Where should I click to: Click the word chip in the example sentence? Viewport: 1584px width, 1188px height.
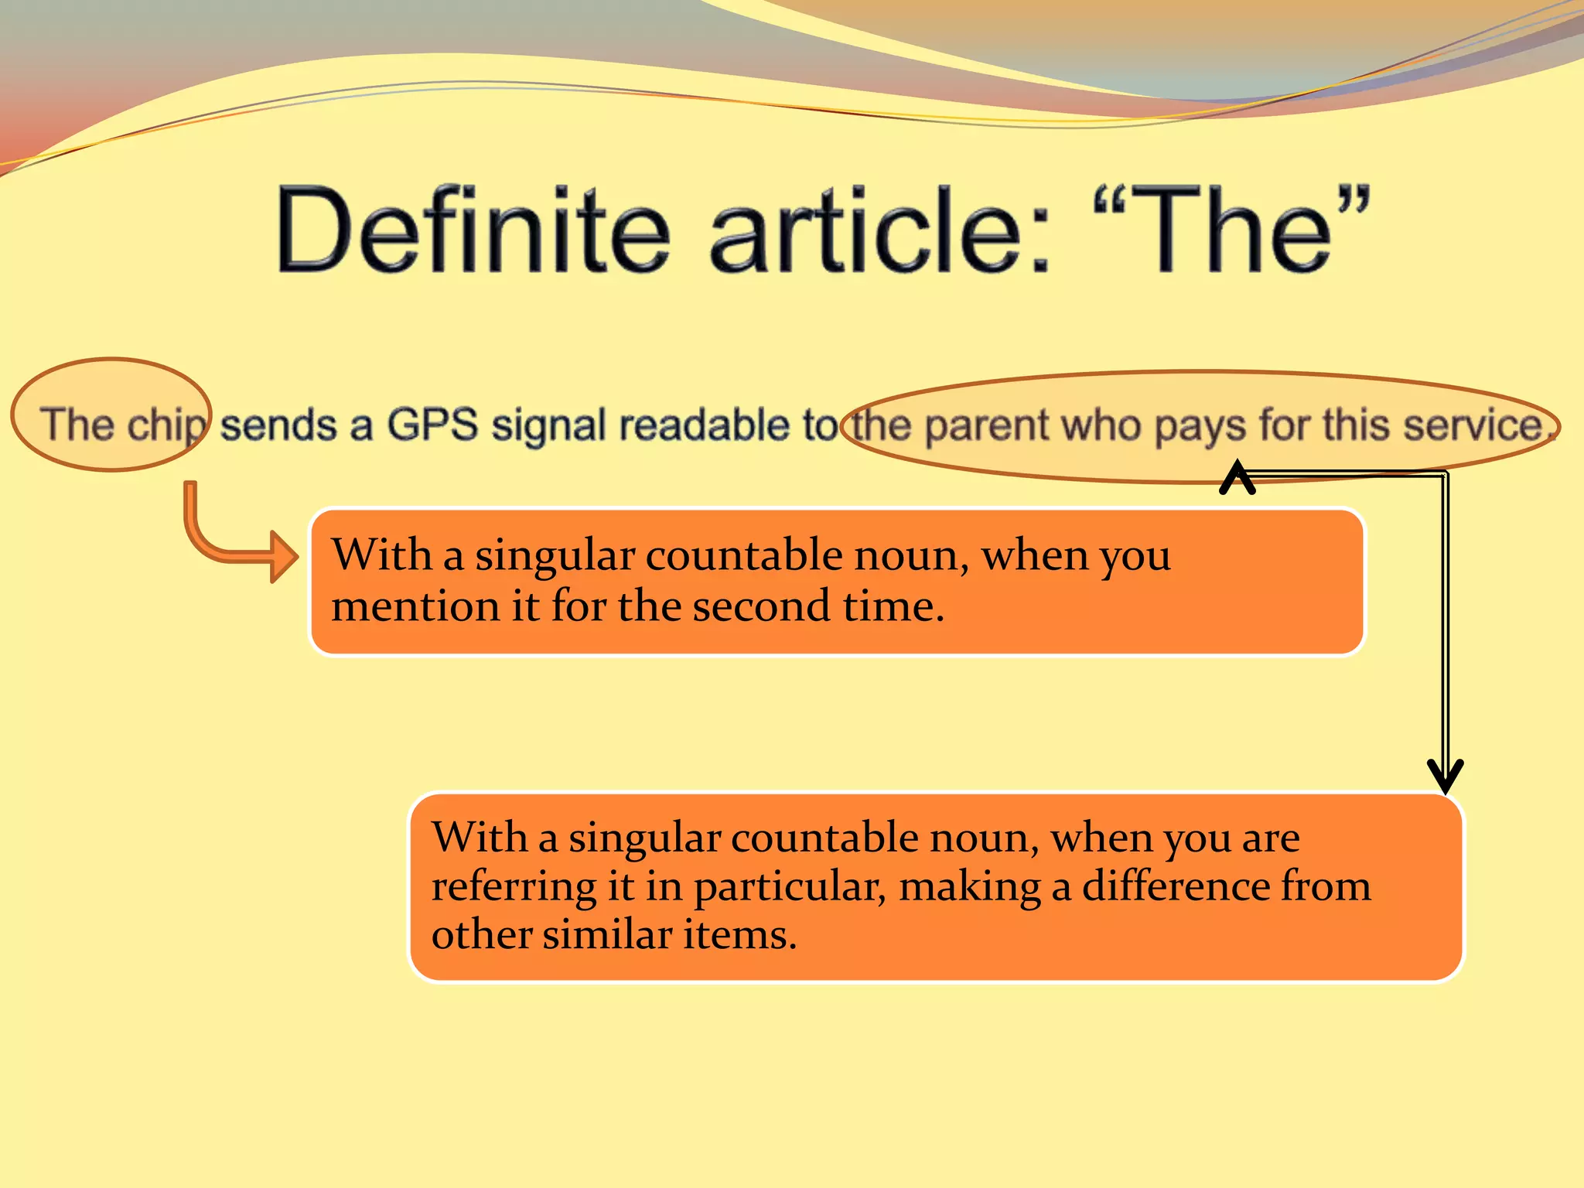click(167, 425)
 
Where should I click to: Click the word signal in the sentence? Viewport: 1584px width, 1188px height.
click(548, 425)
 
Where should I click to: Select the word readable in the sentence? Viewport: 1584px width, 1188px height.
click(705, 425)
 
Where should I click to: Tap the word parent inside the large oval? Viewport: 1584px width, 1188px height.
click(985, 425)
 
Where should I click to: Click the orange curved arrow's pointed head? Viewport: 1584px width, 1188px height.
click(286, 556)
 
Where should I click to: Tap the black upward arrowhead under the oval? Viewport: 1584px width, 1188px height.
click(1237, 476)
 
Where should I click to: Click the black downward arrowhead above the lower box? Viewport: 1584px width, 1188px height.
click(1445, 776)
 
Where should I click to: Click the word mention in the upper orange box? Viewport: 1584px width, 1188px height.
click(415, 606)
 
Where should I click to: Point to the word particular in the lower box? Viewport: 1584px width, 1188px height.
click(789, 887)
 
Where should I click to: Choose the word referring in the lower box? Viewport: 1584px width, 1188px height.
click(514, 887)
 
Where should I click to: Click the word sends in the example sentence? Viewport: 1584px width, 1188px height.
click(278, 425)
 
